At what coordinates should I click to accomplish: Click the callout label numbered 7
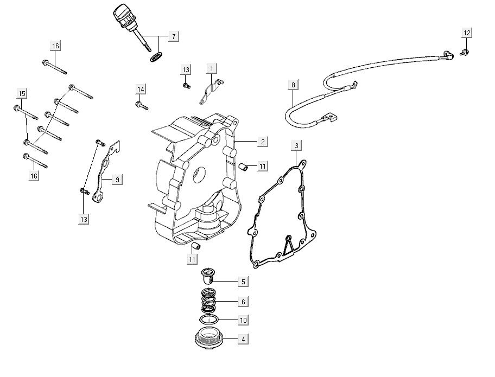click(174, 36)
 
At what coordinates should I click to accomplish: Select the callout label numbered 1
click(212, 68)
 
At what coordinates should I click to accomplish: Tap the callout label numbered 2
click(262, 142)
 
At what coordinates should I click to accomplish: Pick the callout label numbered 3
click(296, 145)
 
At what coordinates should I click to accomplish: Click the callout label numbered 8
click(293, 85)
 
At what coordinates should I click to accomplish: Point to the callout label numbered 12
click(467, 33)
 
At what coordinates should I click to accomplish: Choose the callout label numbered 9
click(117, 180)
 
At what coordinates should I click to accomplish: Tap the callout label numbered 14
click(141, 89)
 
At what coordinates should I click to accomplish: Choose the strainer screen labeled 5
click(208, 276)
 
